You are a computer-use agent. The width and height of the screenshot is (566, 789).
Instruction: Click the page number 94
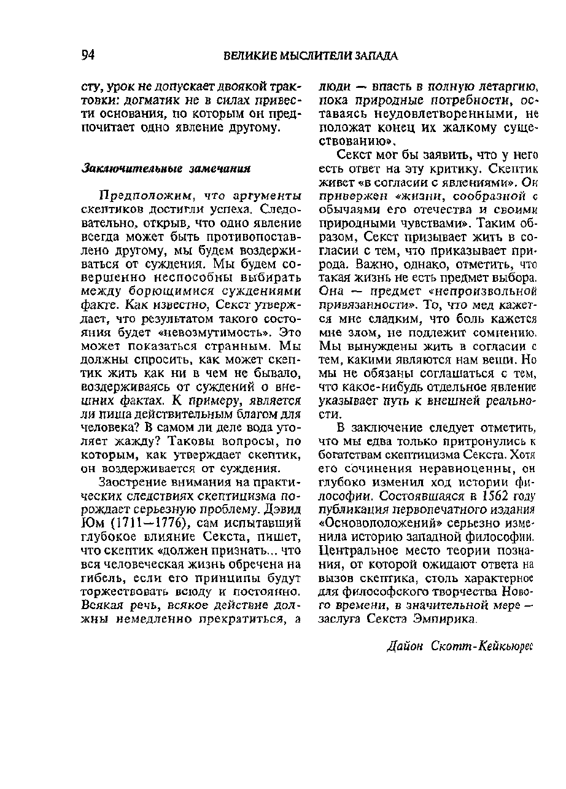click(87, 55)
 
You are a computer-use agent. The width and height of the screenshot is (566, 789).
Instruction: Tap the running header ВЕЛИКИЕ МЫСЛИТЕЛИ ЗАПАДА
click(310, 56)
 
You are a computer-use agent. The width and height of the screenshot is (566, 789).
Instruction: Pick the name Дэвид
click(280, 509)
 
